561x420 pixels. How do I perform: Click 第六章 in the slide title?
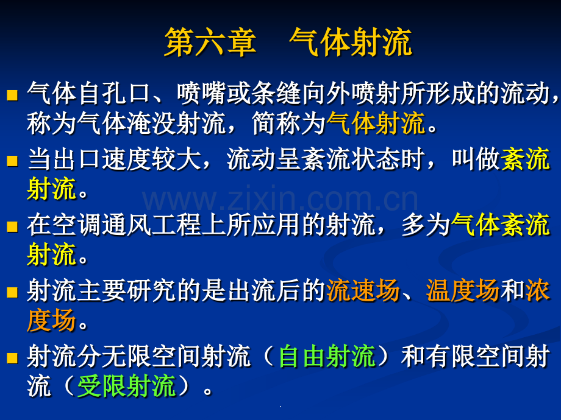coord(210,43)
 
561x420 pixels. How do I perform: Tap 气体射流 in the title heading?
coord(350,43)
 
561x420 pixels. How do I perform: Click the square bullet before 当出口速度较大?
coord(12,161)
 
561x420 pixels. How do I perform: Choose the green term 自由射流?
coord(326,357)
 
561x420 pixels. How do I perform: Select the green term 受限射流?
coord(126,386)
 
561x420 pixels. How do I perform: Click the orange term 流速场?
coord(363,291)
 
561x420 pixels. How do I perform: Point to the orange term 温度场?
coord(463,291)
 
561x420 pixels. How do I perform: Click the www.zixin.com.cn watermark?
coord(280,200)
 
